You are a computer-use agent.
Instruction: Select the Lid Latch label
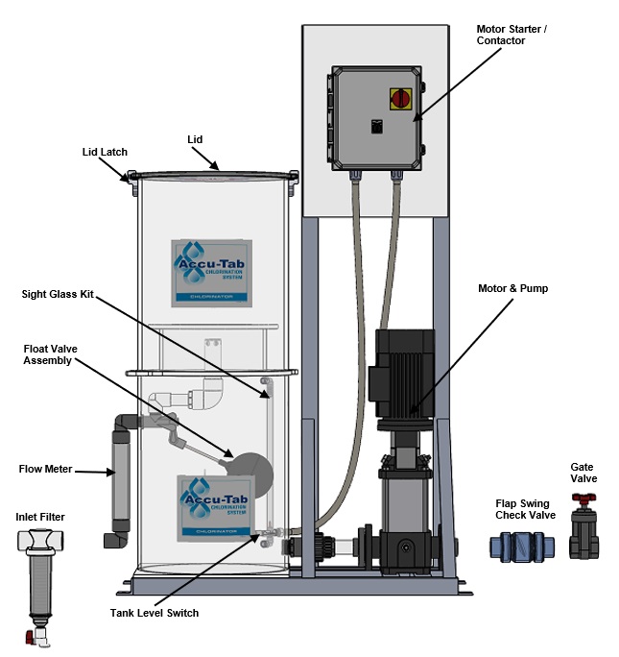tap(105, 152)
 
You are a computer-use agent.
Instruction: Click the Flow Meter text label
tap(44, 470)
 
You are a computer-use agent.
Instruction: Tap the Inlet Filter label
tap(40, 517)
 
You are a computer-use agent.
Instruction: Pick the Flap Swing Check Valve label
tap(525, 509)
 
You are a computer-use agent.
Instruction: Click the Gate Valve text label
tap(583, 472)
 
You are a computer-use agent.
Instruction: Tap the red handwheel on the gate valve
tap(583, 499)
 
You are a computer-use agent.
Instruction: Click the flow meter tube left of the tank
tap(121, 480)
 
